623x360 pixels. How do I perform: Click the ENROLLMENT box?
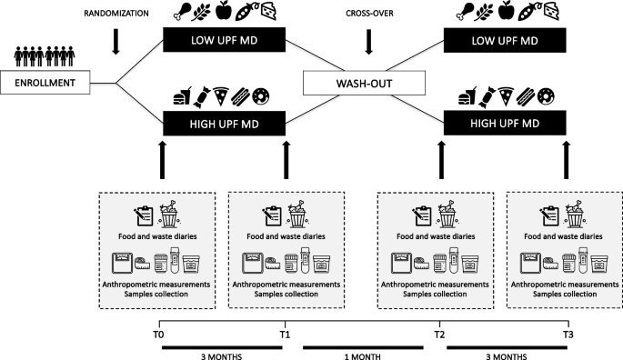[45, 83]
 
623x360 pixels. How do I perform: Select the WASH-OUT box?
[364, 83]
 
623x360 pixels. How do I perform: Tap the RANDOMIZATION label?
[116, 14]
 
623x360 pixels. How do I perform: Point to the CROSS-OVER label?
[369, 14]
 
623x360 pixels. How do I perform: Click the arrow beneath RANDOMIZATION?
[116, 41]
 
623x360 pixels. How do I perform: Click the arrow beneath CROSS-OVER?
[368, 41]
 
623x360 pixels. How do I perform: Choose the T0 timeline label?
[158, 335]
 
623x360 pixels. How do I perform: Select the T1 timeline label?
[285, 335]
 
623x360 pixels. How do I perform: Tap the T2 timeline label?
[439, 335]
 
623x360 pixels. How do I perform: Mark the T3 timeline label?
[568, 335]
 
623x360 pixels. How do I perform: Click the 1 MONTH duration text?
[362, 356]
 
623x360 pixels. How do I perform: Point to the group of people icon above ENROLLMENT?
[45, 56]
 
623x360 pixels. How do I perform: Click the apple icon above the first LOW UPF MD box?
[224, 11]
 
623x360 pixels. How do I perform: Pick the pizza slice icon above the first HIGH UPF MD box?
[221, 96]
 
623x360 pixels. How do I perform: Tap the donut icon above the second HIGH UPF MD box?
[546, 96]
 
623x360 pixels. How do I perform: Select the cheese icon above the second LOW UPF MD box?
[550, 11]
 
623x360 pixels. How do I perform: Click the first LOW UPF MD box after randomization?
[224, 40]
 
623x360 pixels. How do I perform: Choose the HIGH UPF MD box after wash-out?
[505, 123]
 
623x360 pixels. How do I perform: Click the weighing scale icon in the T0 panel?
[122, 263]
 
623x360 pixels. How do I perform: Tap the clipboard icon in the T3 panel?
[549, 216]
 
